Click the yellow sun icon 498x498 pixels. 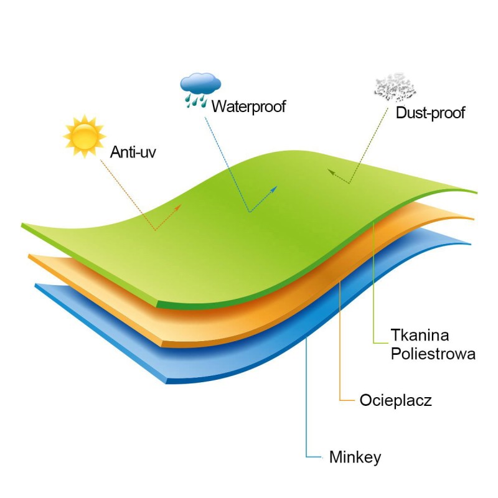pos(85,136)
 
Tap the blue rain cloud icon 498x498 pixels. pos(200,90)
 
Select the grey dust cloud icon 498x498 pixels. pos(395,87)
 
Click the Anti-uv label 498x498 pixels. pos(133,152)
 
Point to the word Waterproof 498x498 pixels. pos(248,106)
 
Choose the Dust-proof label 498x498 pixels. pos(430,113)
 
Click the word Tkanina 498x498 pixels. pos(420,335)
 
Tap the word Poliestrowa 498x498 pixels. pos(433,354)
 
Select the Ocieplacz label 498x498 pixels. pos(396,400)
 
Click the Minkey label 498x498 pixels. pos(355,458)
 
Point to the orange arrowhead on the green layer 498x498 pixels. pos(178,207)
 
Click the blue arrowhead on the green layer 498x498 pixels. pos(274,189)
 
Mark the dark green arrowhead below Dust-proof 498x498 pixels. pos(331,172)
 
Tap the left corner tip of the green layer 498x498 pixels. pos(22,225)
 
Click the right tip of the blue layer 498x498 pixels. pos(471,244)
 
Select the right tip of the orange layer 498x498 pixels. pos(474,219)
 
